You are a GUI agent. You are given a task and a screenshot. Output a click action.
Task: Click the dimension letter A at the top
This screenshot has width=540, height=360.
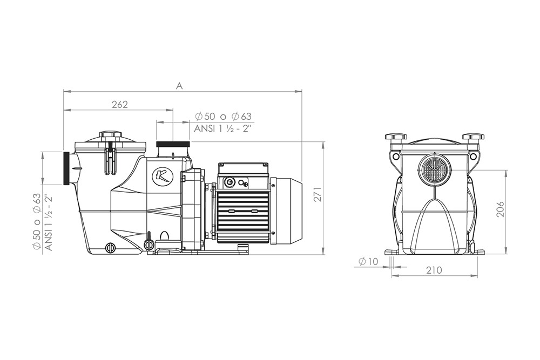click(179, 86)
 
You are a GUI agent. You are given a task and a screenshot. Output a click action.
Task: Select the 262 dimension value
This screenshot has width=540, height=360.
click(120, 105)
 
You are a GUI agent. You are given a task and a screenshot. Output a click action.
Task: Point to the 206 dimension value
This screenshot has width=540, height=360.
click(501, 209)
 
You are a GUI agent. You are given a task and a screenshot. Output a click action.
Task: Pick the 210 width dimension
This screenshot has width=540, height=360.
click(434, 270)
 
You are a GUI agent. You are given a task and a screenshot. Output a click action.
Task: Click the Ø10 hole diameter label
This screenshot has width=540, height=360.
click(368, 262)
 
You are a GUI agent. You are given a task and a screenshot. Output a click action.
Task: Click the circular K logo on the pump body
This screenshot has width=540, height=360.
click(160, 175)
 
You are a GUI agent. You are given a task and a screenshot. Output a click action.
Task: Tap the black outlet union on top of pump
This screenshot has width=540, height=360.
click(173, 144)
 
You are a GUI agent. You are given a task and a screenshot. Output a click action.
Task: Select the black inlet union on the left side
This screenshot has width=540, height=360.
click(67, 168)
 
